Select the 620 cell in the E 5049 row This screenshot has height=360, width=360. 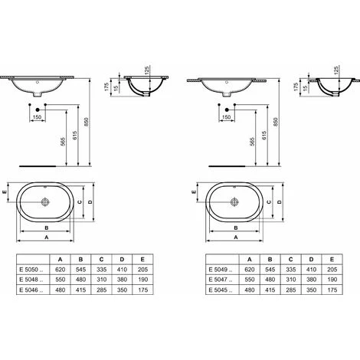tap(250, 270)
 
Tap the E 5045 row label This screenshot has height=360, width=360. tap(221, 290)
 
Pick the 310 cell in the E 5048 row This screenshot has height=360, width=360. tap(101, 280)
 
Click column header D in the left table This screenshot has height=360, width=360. tap(122, 260)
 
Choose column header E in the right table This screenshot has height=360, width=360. tap(332, 260)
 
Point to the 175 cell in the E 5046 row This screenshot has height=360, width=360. tap(142, 290)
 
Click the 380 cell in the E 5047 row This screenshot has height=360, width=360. tap(312, 280)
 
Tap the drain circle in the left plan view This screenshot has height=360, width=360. tap(45, 202)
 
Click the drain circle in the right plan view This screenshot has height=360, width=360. tap(234, 202)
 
